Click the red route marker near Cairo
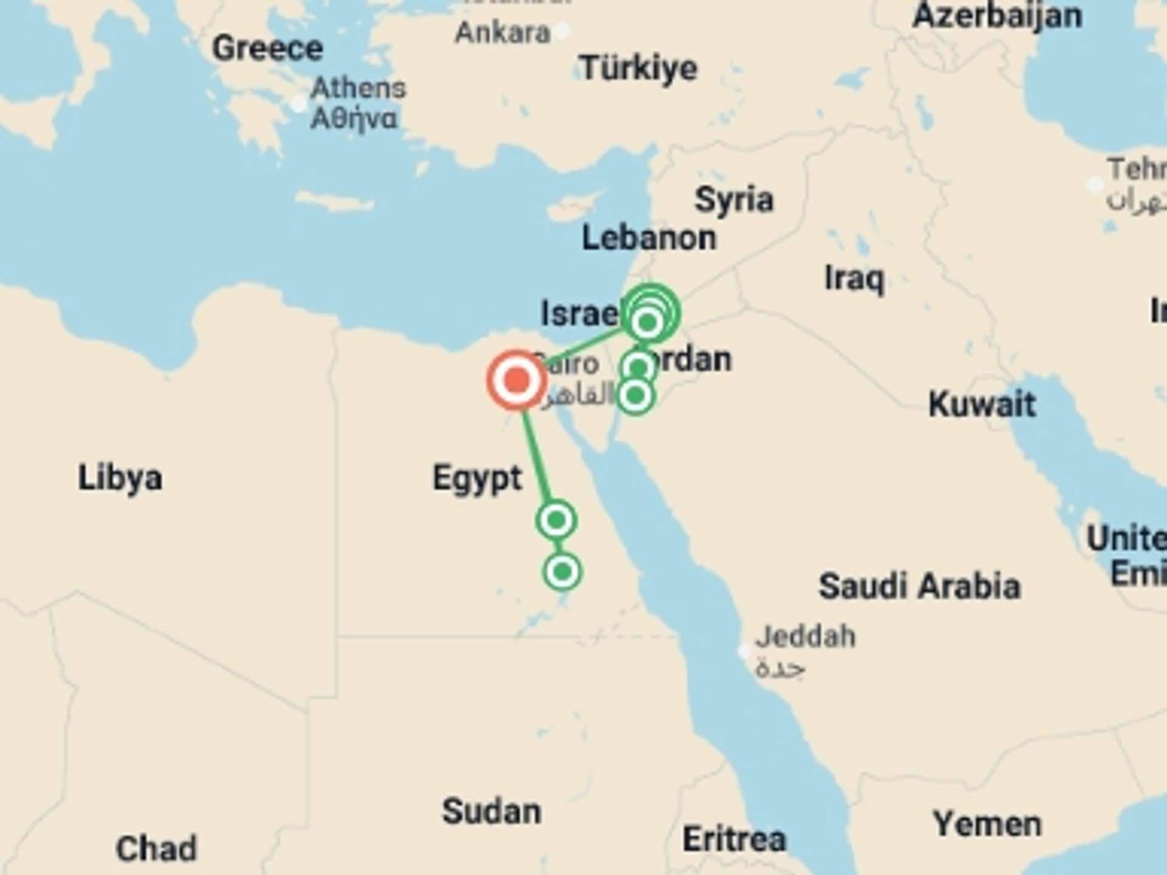click(516, 381)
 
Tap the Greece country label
click(267, 48)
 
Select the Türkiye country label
click(638, 67)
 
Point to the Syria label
click(734, 199)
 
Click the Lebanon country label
click(649, 238)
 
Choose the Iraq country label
click(854, 279)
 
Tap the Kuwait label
click(982, 404)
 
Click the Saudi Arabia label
click(919, 586)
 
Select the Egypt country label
click(477, 478)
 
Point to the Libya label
click(120, 478)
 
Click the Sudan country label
click(491, 811)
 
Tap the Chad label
click(156, 848)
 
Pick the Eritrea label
click(734, 839)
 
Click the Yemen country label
click(987, 825)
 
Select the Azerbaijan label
click(997, 15)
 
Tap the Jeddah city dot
click(744, 651)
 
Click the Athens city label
click(358, 89)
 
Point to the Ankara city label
click(502, 32)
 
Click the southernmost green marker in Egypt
click(562, 571)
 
